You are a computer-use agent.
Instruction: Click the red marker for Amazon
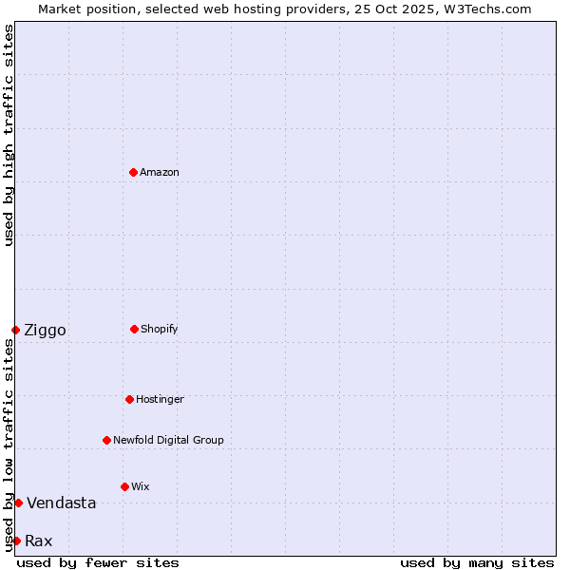click(133, 172)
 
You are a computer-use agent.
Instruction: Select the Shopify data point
click(134, 329)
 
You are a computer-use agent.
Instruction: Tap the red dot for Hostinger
click(129, 399)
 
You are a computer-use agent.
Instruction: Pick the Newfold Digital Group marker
click(106, 440)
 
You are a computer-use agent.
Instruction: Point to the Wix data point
click(124, 486)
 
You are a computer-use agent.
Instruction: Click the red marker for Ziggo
click(15, 330)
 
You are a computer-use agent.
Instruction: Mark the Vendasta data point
click(18, 503)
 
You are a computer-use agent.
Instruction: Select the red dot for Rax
click(16, 541)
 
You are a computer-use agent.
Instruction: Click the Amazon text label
click(160, 172)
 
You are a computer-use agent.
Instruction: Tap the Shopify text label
click(160, 329)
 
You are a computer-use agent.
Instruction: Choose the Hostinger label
click(160, 399)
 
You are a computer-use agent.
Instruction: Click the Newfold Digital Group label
click(168, 440)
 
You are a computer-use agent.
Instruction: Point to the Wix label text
click(141, 486)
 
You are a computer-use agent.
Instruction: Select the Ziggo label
click(45, 330)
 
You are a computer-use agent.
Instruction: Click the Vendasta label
click(61, 503)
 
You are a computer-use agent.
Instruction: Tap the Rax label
click(38, 541)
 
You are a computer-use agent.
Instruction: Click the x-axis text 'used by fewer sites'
click(98, 562)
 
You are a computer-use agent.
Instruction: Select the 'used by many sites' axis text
click(477, 562)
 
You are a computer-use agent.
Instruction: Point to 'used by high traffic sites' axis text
click(9, 135)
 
